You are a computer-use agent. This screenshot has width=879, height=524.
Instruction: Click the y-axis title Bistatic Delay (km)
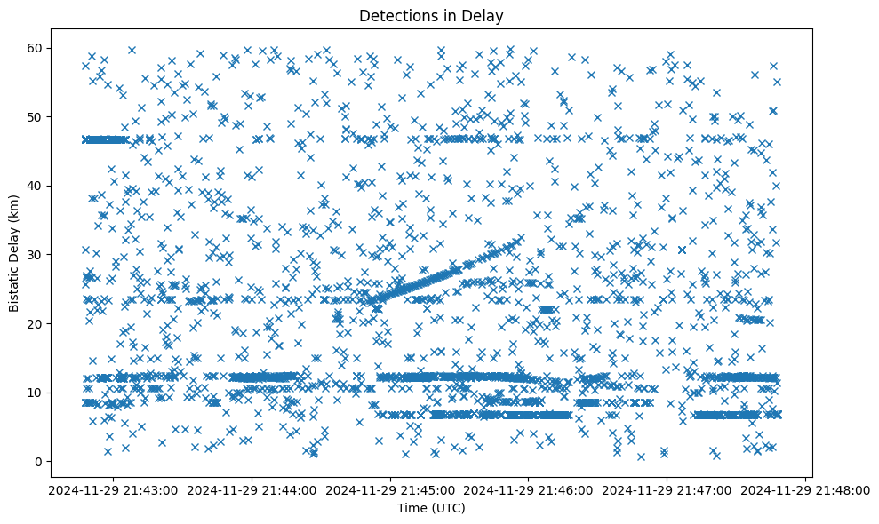14,252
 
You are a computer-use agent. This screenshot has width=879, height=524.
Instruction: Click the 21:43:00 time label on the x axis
112,489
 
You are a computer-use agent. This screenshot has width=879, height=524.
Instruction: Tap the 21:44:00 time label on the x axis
251,489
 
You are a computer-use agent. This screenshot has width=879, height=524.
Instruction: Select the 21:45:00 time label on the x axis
389,489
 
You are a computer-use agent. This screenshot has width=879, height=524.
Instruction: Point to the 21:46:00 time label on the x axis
528,489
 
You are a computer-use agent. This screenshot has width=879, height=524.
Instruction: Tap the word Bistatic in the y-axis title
14,286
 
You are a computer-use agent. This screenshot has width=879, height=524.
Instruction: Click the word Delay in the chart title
484,15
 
